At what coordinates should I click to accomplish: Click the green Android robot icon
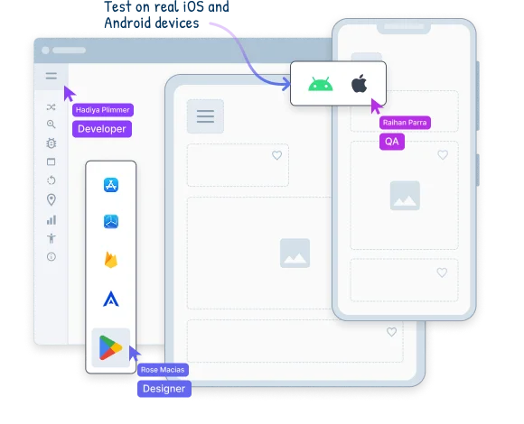321,84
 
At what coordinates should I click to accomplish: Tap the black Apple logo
360,83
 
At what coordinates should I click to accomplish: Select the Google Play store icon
110,347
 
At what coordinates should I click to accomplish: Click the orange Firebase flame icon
111,260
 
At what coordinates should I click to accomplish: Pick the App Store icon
111,185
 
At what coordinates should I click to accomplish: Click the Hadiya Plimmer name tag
103,110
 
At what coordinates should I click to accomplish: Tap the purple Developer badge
102,129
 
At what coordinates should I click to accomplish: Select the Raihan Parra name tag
405,123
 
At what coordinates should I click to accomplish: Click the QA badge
392,142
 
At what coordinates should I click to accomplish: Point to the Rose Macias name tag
163,370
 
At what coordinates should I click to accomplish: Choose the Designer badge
164,389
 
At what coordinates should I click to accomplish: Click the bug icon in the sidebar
51,143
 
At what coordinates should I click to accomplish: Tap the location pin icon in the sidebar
51,199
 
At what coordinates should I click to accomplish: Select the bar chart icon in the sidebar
51,220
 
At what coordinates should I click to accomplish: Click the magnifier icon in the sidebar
51,124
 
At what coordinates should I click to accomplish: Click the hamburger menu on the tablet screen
205,116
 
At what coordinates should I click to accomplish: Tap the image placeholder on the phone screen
405,196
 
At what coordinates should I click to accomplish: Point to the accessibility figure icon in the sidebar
51,238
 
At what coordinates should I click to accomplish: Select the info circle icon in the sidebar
51,256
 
